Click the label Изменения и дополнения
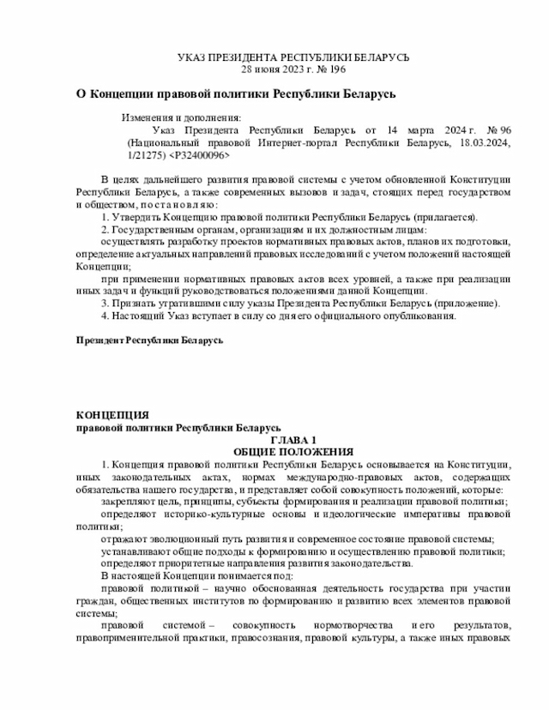(x=181, y=117)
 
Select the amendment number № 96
(x=494, y=129)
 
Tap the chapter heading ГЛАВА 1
(x=293, y=439)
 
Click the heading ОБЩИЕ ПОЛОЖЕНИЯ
(x=293, y=451)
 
